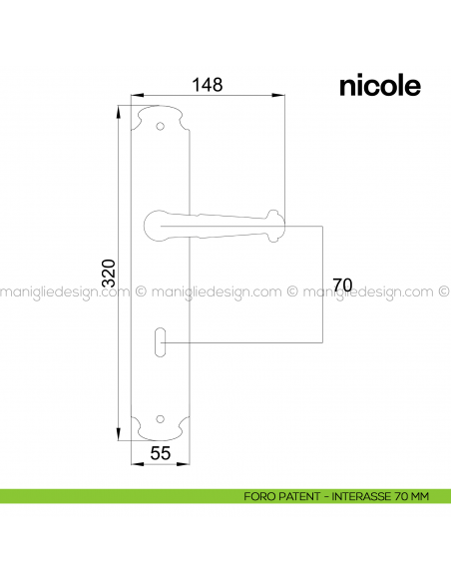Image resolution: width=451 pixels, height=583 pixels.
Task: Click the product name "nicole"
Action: pyautogui.click(x=379, y=86)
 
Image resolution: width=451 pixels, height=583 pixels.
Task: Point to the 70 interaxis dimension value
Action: pyautogui.click(x=341, y=286)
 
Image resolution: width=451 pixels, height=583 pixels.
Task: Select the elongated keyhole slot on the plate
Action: pyautogui.click(x=162, y=343)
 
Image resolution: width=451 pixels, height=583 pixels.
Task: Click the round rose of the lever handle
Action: pyautogui.click(x=159, y=221)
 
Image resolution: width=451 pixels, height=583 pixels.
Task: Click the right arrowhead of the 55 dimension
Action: pyautogui.click(x=187, y=465)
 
